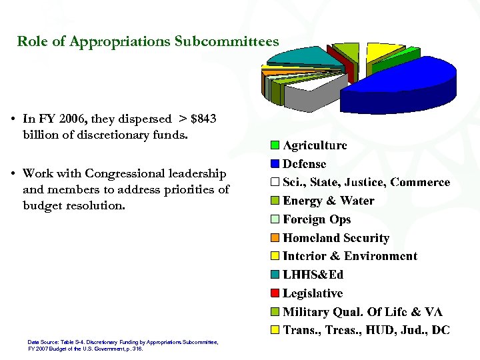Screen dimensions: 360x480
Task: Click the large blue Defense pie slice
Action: point(400,83)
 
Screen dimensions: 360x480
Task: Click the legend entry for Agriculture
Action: point(315,145)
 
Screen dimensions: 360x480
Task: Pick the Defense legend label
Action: point(305,163)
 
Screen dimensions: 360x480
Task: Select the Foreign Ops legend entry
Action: point(317,219)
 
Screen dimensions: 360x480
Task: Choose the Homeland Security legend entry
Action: point(336,238)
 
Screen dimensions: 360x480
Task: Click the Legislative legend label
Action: point(313,293)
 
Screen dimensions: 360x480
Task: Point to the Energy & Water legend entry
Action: point(329,201)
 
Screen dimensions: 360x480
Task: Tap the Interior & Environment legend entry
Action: point(350,256)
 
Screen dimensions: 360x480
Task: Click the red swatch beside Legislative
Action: point(275,293)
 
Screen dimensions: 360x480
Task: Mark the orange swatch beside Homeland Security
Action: point(275,238)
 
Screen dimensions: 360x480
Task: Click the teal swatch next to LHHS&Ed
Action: point(275,275)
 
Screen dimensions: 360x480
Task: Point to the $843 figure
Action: point(203,119)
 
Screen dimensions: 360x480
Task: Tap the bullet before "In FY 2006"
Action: point(13,120)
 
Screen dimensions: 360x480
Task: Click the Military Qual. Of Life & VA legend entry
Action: point(363,312)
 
